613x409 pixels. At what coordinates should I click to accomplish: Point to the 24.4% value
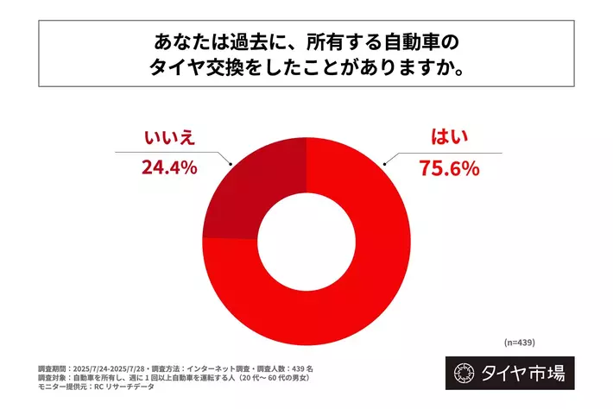(169, 167)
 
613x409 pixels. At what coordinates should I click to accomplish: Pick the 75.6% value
(449, 167)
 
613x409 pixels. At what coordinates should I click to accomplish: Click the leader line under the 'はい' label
(449, 153)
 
